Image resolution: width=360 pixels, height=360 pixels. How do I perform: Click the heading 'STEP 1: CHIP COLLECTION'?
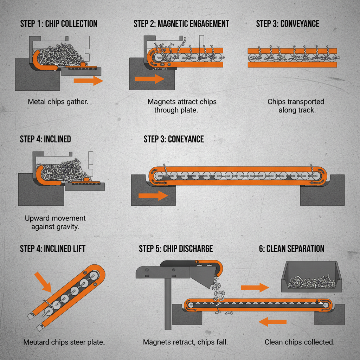click(x=58, y=24)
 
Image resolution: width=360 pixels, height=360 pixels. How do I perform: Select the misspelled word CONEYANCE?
click(x=186, y=139)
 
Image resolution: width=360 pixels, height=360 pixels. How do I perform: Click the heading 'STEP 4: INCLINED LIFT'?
click(x=52, y=249)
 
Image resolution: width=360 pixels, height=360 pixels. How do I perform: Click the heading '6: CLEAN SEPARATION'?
click(x=291, y=249)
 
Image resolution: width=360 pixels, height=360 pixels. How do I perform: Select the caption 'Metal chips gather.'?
click(x=58, y=102)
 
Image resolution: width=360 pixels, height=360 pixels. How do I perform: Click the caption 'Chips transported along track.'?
click(x=296, y=106)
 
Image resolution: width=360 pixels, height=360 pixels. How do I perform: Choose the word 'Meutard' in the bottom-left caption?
click(x=36, y=342)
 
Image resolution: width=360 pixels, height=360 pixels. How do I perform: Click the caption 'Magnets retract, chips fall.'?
click(x=185, y=342)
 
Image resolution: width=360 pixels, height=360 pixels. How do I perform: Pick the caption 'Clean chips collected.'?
click(x=299, y=342)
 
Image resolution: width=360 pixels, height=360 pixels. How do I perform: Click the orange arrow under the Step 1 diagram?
click(x=88, y=81)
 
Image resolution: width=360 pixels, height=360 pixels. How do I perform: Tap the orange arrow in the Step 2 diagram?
click(x=149, y=79)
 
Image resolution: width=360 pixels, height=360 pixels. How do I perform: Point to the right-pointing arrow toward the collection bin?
click(x=255, y=288)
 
